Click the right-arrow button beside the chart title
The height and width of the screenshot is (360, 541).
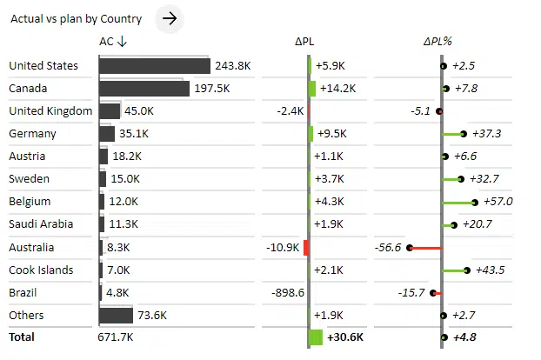(170, 17)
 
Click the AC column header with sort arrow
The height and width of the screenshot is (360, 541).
(113, 41)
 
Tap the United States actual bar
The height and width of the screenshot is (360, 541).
(154, 66)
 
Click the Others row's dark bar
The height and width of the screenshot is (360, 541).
(116, 315)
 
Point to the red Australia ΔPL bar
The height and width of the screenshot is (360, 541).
(306, 247)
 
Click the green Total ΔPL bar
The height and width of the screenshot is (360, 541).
(316, 337)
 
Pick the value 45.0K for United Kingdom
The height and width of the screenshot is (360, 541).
(139, 111)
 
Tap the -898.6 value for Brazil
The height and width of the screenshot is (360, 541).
(287, 292)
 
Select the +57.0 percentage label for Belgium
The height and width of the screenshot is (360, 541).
(498, 202)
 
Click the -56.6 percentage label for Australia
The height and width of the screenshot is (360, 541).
(388, 247)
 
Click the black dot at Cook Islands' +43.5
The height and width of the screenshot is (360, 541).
(467, 270)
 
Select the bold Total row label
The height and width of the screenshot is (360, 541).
(23, 337)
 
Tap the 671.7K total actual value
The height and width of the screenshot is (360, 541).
(116, 337)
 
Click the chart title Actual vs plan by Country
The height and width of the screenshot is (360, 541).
(76, 18)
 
